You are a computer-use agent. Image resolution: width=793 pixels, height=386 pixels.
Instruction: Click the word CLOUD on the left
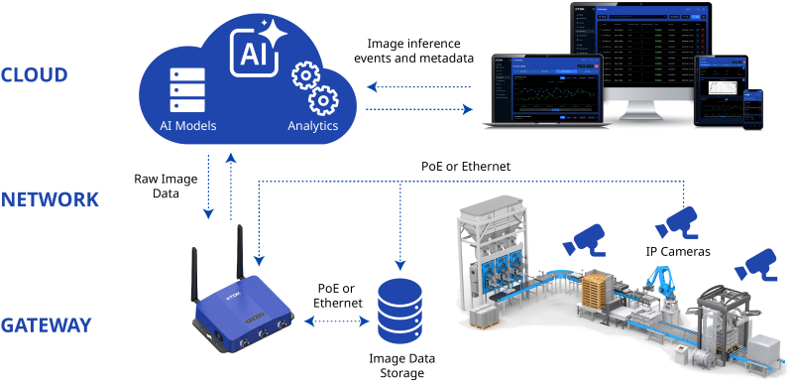click(x=34, y=75)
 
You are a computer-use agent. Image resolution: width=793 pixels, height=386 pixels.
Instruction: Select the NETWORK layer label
click(x=50, y=199)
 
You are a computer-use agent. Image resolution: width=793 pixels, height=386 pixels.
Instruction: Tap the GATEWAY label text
click(x=47, y=325)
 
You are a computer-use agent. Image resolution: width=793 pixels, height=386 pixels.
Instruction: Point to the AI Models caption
click(x=187, y=126)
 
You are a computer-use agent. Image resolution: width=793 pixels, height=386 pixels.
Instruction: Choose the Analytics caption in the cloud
click(x=312, y=126)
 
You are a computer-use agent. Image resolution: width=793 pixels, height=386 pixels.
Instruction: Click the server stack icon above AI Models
click(x=187, y=89)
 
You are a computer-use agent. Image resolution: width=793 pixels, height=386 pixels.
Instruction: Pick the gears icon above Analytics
click(x=314, y=88)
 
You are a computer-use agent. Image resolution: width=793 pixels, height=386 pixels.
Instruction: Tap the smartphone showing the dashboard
click(x=754, y=108)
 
